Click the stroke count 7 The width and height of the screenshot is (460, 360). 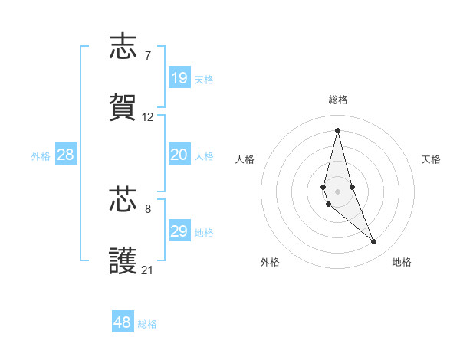[x=148, y=55]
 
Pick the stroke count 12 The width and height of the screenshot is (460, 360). [x=148, y=117]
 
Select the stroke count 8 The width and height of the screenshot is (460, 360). [x=148, y=208]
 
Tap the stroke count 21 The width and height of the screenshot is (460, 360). [x=148, y=270]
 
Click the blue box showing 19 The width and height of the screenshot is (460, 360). [x=179, y=78]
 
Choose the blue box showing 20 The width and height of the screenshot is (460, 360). [x=179, y=155]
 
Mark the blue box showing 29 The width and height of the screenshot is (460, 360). [x=179, y=231]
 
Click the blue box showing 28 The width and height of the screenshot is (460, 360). [x=66, y=155]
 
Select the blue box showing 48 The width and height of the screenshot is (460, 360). [x=123, y=322]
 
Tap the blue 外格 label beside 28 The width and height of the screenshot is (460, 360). [x=41, y=155]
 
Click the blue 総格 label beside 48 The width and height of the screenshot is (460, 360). [x=147, y=324]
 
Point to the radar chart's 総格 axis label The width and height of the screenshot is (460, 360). [x=337, y=100]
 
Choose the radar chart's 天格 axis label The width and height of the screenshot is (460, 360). [x=431, y=159]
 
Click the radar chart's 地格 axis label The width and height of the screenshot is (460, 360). [x=402, y=262]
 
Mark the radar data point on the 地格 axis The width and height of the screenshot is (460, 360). [x=374, y=242]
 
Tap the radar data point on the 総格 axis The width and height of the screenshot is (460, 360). [x=337, y=129]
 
